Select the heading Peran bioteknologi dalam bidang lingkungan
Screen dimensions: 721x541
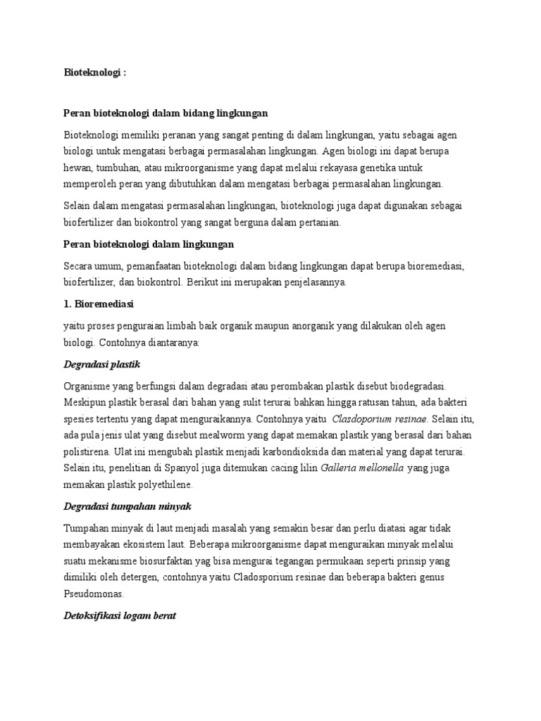point(166,113)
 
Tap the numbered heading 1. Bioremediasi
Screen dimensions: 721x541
point(99,304)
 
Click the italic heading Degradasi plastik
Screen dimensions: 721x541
point(102,365)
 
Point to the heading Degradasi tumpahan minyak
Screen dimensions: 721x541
point(128,506)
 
